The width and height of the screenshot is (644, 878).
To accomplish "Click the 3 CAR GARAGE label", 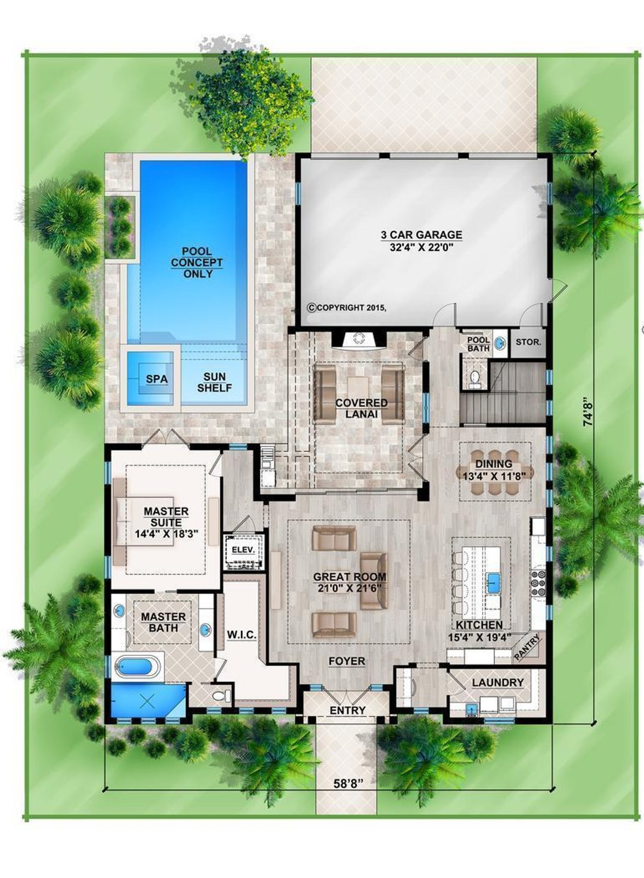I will [422, 235].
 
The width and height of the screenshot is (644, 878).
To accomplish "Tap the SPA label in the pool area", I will [157, 379].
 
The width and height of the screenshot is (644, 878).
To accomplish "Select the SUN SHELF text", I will [215, 382].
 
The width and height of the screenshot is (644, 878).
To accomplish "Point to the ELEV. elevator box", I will [243, 550].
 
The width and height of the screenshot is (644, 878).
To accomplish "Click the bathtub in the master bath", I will [138, 666].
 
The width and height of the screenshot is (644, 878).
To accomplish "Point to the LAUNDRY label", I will [497, 682].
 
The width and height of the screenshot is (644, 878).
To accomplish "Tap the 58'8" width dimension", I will [348, 784].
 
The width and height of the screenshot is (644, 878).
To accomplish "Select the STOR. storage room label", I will [528, 343].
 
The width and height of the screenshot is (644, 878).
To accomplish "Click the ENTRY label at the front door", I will [347, 710].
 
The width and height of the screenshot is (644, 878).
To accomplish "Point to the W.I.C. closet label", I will [241, 634].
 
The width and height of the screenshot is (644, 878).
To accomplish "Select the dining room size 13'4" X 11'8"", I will [494, 476].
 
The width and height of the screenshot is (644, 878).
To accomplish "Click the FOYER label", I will [346, 661].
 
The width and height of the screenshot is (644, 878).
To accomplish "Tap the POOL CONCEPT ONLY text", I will [197, 263].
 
